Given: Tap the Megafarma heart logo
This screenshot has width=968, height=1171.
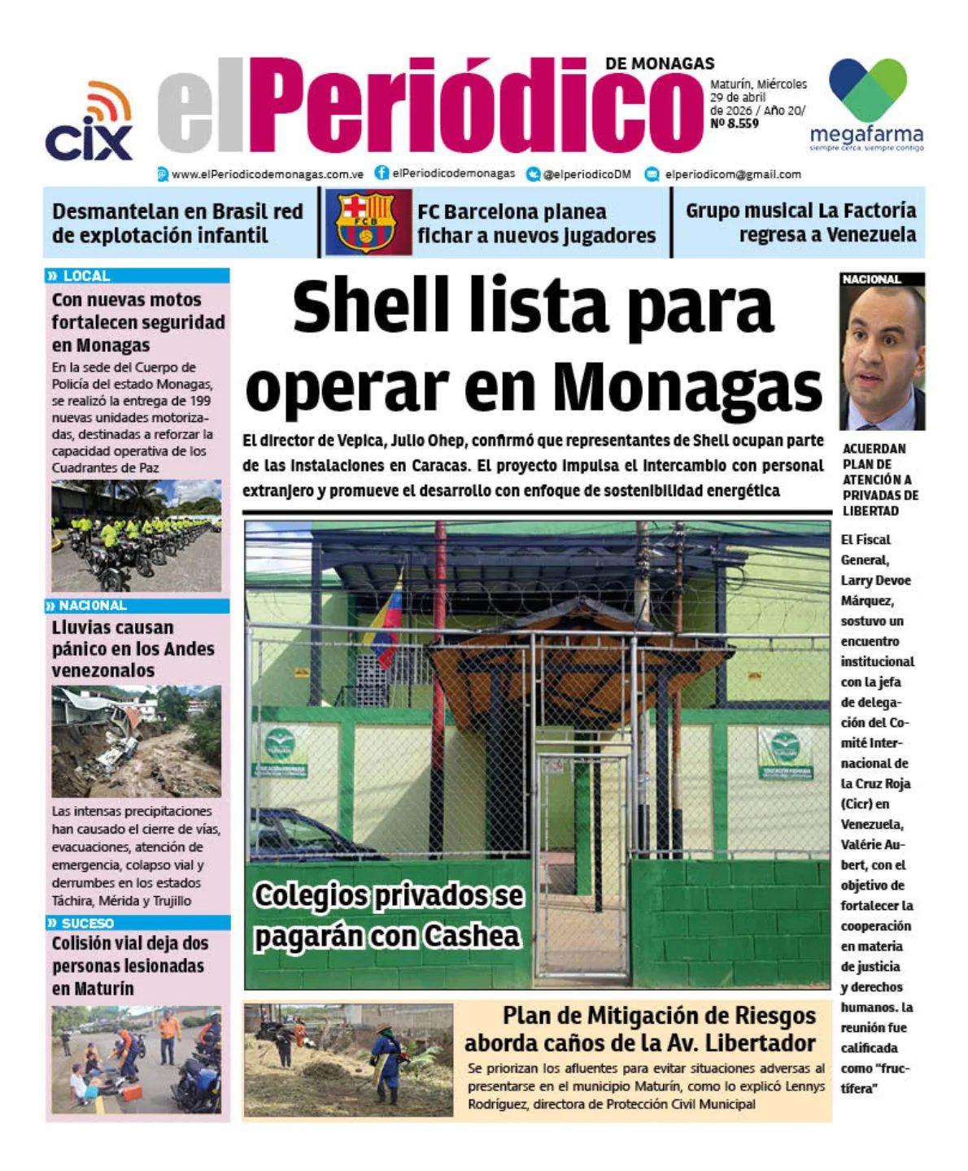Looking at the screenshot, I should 867,90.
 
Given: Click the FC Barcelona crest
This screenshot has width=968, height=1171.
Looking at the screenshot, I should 364,222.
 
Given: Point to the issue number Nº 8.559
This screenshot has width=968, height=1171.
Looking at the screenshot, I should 734,124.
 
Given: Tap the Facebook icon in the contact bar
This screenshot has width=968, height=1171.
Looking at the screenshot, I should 382,173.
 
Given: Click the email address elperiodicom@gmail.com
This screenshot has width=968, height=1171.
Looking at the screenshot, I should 732,174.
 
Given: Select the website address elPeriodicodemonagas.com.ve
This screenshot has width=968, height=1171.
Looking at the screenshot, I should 267,174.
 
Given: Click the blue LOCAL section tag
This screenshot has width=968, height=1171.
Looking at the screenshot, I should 85,276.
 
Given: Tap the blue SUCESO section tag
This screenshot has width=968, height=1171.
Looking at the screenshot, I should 86,923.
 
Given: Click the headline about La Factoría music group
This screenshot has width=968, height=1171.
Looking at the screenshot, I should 800,222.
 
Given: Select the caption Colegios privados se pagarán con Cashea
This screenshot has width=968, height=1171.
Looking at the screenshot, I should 388,915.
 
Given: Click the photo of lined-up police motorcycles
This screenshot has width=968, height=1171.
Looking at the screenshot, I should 136,537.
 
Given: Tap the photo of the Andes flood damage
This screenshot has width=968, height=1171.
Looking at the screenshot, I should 136,741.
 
